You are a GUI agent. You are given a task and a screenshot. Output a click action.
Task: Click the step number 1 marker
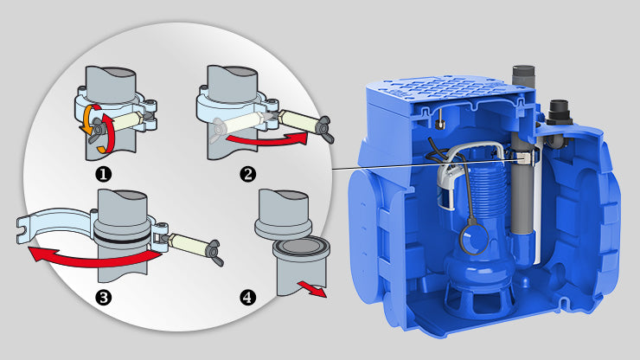[x=104, y=174]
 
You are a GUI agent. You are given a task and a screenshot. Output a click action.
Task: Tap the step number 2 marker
[x=248, y=174]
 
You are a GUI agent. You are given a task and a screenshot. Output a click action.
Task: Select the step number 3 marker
[x=104, y=294]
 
